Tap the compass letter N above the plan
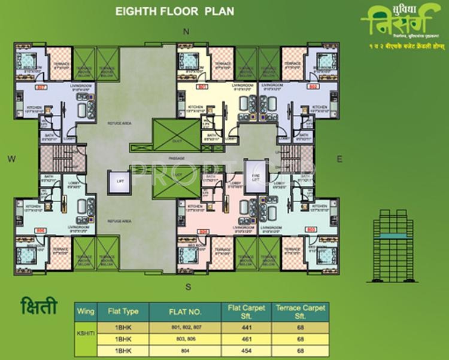[186, 31]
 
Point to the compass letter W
[11, 158]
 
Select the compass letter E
[339, 159]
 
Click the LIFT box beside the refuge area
[120, 181]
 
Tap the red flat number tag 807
[41, 87]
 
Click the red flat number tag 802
[312, 87]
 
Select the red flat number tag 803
[311, 229]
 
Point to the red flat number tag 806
[41, 230]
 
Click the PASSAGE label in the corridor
[177, 158]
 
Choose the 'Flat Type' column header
[123, 311]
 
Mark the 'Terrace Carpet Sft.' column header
[301, 311]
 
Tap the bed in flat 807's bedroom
[27, 60]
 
